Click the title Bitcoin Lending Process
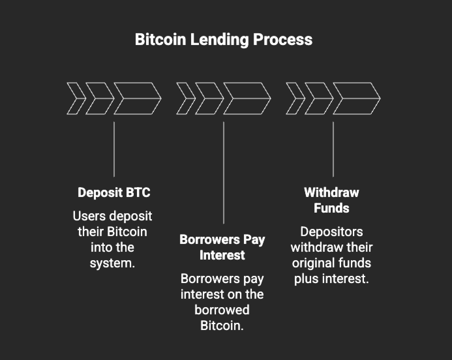pos(224,39)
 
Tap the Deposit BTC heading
pos(114,192)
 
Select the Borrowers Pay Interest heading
pos(222,247)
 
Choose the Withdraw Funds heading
pos(331,200)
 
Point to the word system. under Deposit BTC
pos(112,263)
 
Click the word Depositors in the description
pos(331,232)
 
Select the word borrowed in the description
pos(222,310)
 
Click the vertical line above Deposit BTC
pos(114,149)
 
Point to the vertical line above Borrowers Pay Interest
pos(223,172)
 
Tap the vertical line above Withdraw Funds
pos(333,149)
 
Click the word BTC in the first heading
pos(138,192)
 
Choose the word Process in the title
pos(283,39)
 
